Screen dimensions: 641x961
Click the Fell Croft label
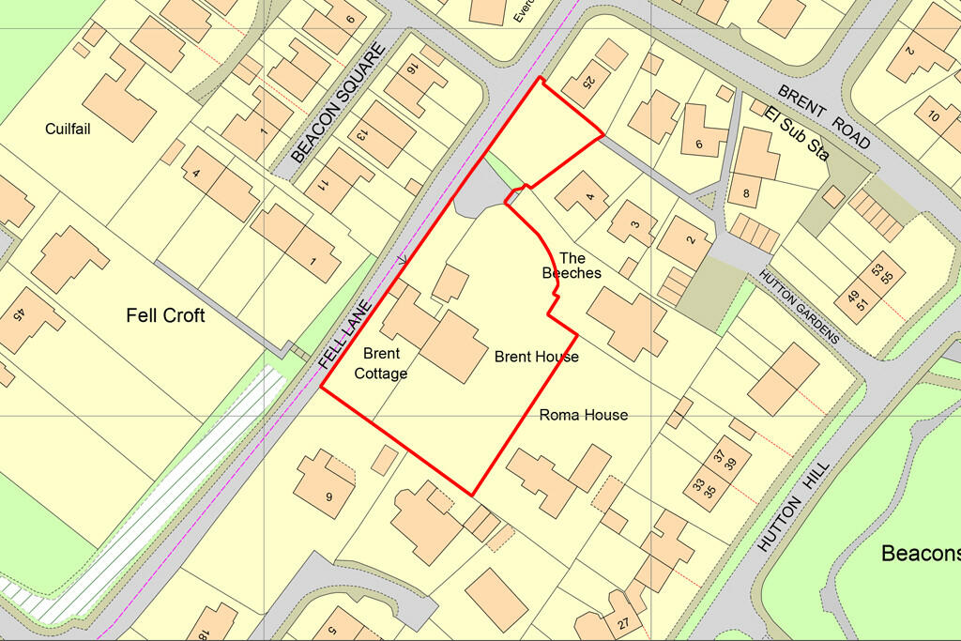click(165, 315)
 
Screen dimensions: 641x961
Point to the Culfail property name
click(68, 129)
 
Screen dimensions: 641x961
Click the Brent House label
click(537, 357)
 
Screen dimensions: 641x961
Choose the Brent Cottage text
click(380, 363)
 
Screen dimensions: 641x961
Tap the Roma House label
click(584, 415)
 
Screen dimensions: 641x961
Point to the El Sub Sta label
click(797, 133)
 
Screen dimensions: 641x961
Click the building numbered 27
click(624, 620)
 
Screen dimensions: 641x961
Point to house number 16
click(411, 69)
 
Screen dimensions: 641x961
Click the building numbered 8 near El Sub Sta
click(746, 195)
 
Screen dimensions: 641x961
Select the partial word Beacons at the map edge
click(920, 554)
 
